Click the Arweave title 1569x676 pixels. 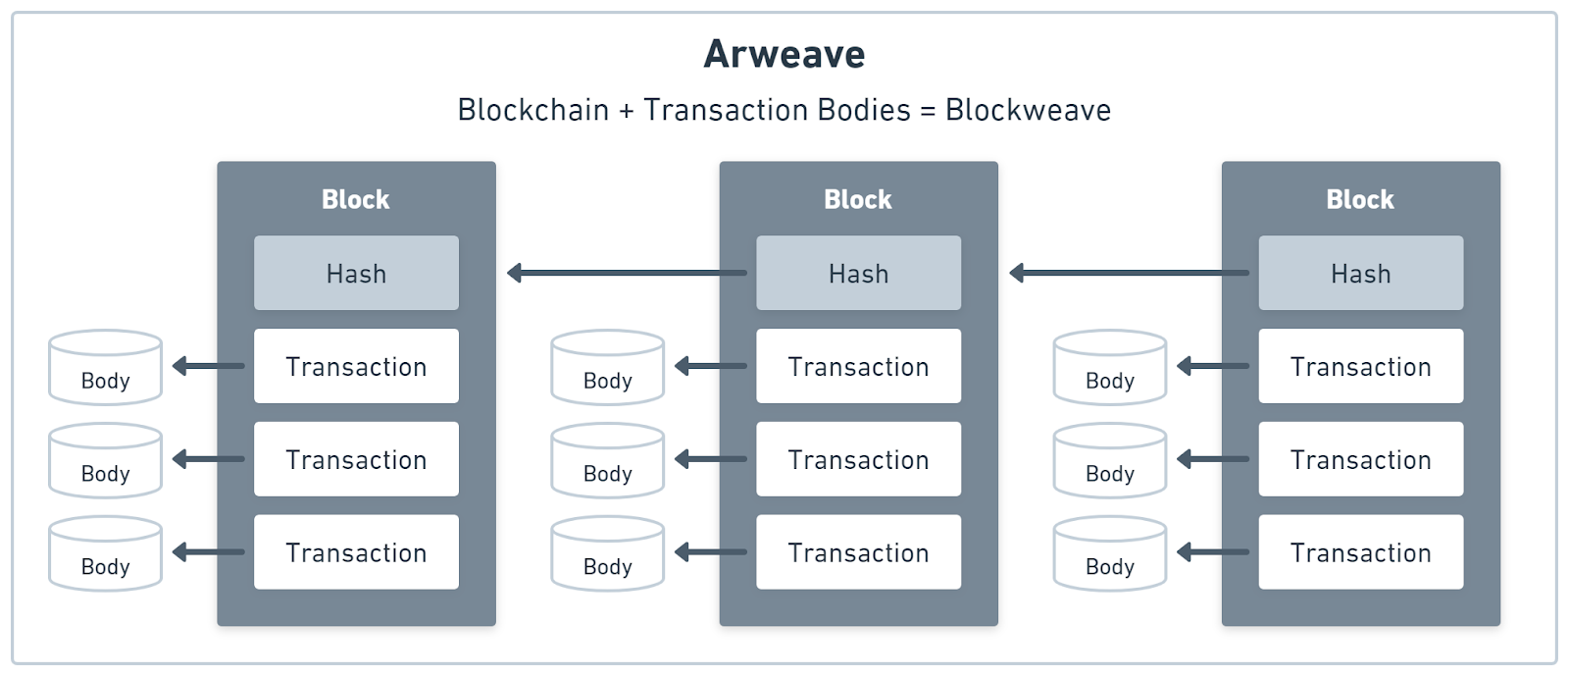[x=784, y=54]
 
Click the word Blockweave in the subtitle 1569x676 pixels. [x=1028, y=110]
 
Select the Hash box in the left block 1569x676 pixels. [x=356, y=273]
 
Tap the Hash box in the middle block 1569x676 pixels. [x=858, y=273]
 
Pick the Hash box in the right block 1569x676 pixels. [x=1360, y=273]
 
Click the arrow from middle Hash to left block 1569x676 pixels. [x=628, y=273]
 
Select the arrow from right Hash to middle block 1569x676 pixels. [x=1130, y=273]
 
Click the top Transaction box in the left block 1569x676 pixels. [x=356, y=366]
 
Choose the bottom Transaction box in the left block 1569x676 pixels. [x=356, y=552]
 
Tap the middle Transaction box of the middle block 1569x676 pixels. [x=858, y=459]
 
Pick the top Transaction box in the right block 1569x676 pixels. [x=1360, y=366]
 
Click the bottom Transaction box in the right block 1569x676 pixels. [x=1360, y=552]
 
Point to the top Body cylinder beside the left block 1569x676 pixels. [x=105, y=368]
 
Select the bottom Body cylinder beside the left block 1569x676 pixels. [x=105, y=554]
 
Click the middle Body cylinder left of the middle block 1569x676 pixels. [x=607, y=461]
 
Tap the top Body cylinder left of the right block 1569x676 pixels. [x=1109, y=368]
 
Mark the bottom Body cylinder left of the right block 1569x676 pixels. [x=1109, y=554]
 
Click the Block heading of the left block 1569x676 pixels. [x=356, y=199]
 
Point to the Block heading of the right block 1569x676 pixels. [x=1360, y=199]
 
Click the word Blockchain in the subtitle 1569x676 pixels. [x=533, y=110]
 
